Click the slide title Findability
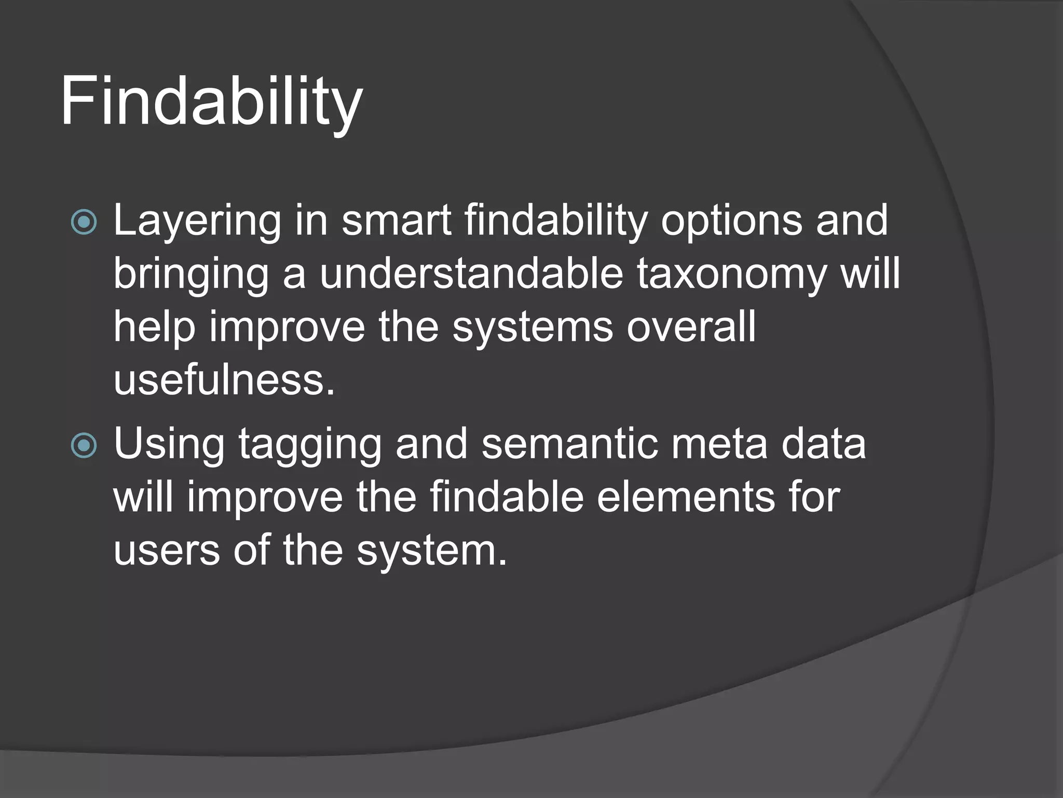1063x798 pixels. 211,101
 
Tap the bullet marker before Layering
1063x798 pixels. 84,222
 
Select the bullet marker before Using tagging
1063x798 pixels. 84,446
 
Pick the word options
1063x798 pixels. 731,221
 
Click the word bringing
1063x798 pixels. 191,275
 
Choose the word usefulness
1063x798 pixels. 224,380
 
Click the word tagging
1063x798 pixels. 310,446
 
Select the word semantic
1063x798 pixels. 570,445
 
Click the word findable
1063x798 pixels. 507,498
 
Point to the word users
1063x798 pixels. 167,551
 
